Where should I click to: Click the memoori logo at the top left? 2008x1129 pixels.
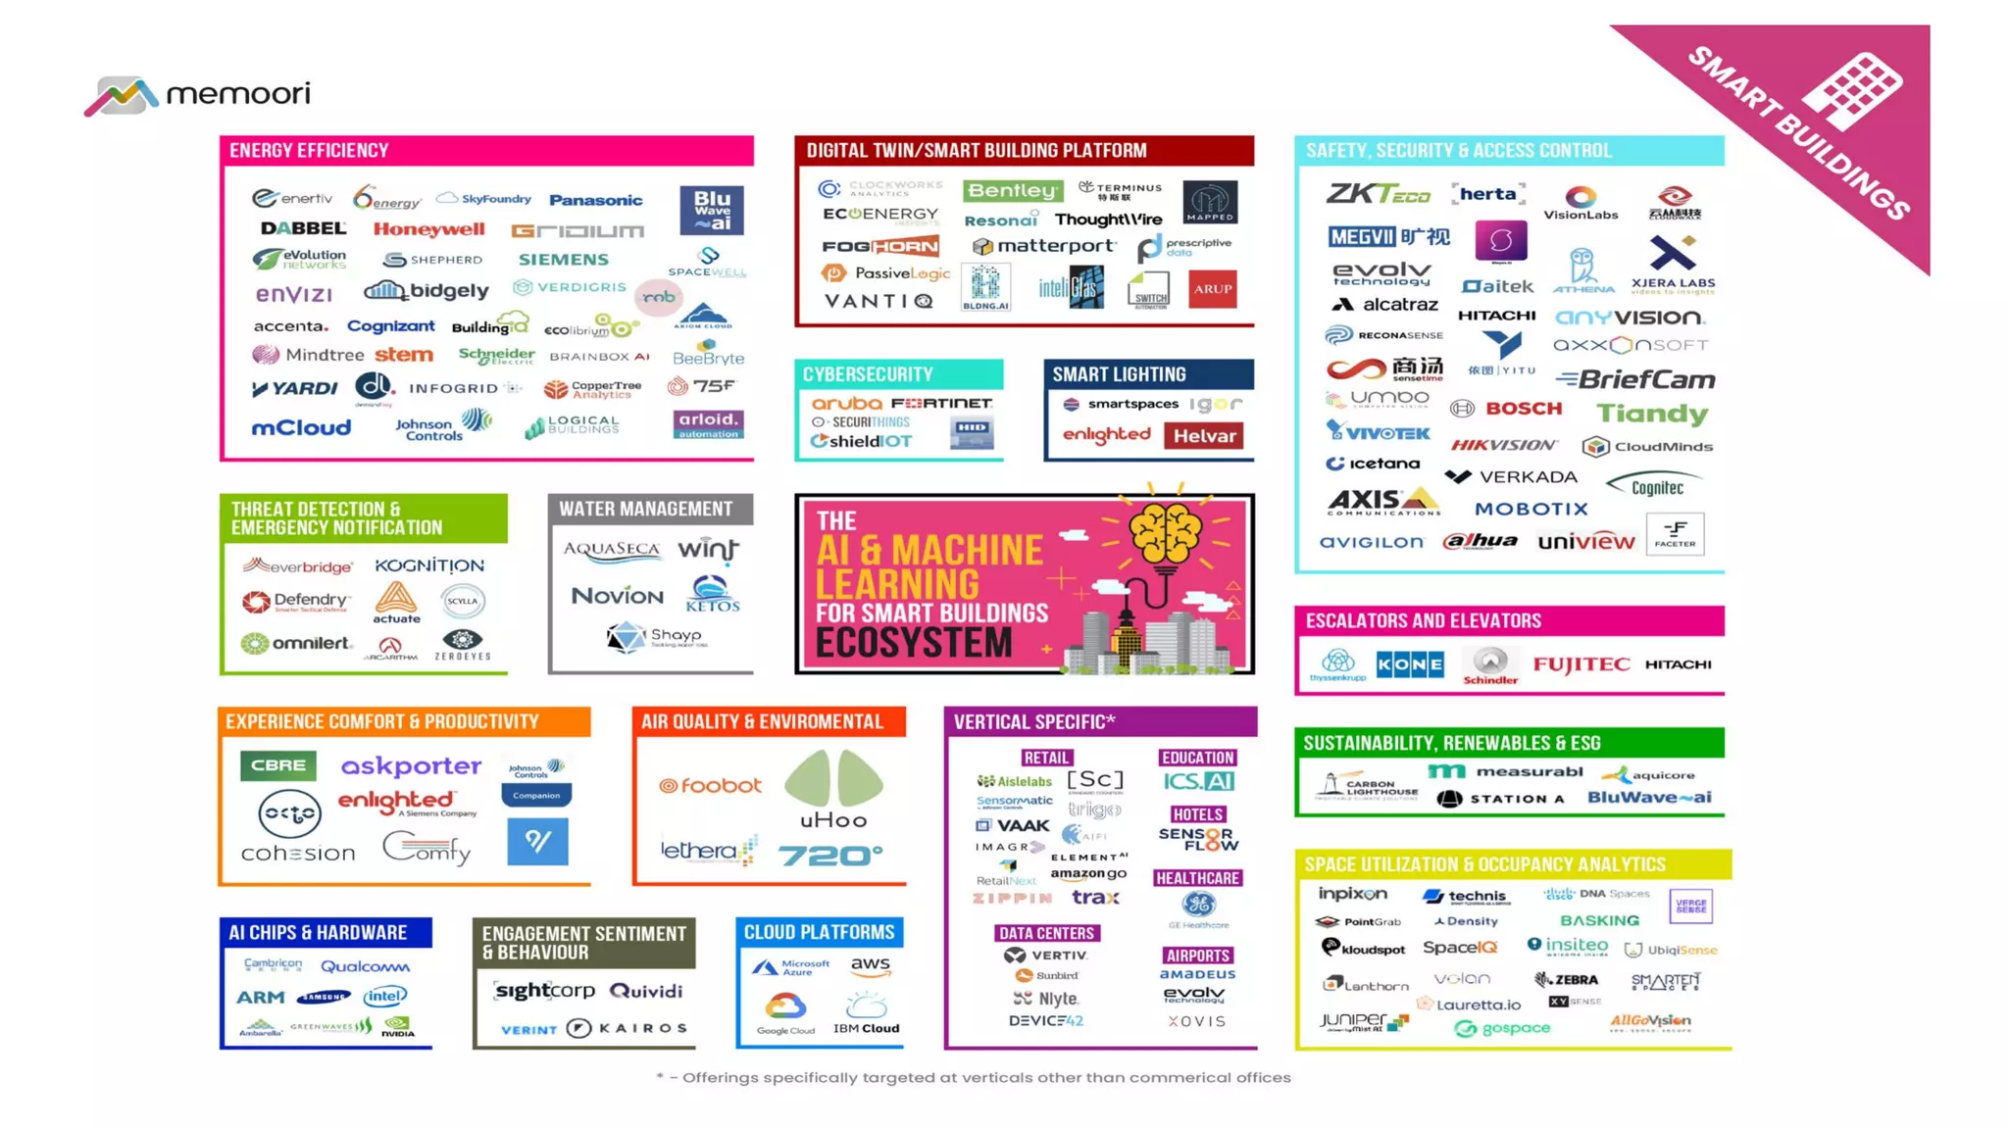pos(197,95)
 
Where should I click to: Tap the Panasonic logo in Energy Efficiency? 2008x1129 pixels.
pos(595,200)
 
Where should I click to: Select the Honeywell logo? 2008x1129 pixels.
pos(428,229)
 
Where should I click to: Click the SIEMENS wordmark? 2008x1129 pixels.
pos(563,260)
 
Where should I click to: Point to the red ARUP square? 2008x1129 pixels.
pos(1212,289)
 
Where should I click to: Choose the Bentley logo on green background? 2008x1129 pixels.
pos(1012,190)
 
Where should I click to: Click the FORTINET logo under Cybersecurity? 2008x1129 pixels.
pos(941,403)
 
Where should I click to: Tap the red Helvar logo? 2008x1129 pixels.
pos(1204,436)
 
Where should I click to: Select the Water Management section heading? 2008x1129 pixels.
pos(645,509)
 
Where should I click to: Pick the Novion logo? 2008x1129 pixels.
pos(617,596)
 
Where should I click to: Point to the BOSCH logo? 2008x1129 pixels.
pos(1522,409)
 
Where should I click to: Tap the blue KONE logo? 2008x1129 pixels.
pos(1409,664)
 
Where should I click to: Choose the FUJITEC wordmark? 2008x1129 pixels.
pos(1581,664)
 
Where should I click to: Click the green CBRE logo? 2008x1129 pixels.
pos(278,765)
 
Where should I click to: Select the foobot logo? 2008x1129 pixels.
pos(710,786)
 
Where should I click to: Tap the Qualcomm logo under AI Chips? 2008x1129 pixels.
pos(365,966)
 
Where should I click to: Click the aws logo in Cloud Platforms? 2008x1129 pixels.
pos(870,966)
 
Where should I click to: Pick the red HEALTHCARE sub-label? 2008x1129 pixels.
pos(1197,878)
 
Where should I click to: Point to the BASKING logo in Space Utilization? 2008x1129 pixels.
pos(1599,920)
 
